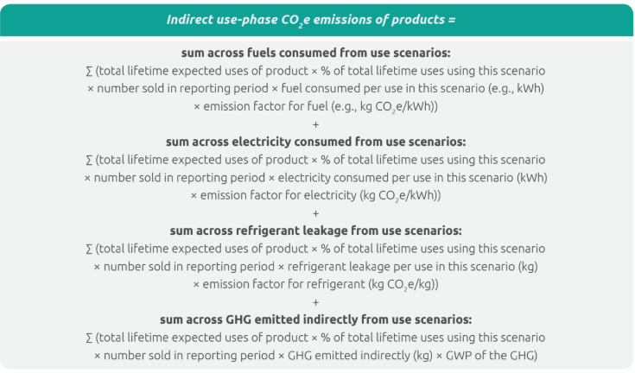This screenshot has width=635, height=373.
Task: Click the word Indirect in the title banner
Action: [x=188, y=19]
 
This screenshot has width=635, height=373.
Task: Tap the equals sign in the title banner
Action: [x=452, y=20]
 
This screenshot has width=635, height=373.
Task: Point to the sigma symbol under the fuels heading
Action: [x=90, y=71]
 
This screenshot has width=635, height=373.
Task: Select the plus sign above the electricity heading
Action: [x=316, y=124]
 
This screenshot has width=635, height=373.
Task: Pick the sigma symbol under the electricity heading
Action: [x=90, y=161]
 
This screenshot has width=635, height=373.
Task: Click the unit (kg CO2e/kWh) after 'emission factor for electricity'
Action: [x=401, y=196]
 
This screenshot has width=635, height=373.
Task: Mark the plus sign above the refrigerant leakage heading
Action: [x=316, y=213]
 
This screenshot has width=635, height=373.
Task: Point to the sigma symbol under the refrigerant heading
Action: [x=90, y=250]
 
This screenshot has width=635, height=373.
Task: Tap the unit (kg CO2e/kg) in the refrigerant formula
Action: [x=403, y=285]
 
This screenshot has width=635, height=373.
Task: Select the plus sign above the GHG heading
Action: [x=316, y=302]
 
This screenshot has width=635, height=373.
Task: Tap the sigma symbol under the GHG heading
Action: [x=90, y=338]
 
